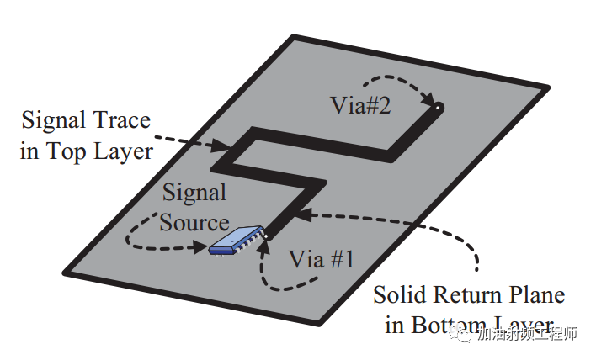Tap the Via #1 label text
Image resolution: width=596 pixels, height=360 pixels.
point(322,260)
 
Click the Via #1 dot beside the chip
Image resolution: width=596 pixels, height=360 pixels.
point(268,237)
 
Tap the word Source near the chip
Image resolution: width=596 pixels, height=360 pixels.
point(194,222)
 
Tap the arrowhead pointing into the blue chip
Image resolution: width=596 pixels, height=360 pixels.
point(202,247)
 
